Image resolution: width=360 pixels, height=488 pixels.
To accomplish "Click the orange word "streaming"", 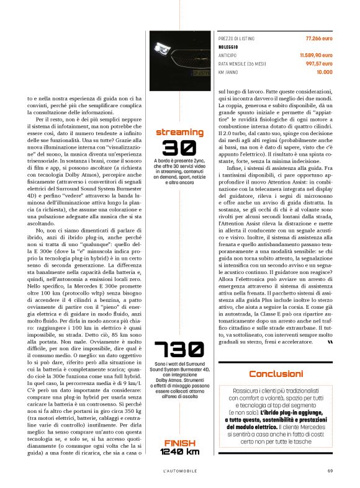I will (x=179, y=132).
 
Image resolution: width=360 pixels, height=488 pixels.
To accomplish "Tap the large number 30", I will (x=179, y=148).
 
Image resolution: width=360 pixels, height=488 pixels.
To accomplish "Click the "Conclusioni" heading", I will (x=276, y=373).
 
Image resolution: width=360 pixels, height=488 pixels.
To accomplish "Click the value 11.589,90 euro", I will (x=317, y=55).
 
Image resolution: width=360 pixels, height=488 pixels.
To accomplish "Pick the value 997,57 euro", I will (x=319, y=63).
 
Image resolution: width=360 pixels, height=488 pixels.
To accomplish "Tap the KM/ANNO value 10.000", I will (x=324, y=72).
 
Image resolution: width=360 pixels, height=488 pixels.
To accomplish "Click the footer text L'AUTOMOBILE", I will (x=179, y=469).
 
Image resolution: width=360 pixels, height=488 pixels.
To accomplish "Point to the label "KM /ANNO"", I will (x=228, y=72).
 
